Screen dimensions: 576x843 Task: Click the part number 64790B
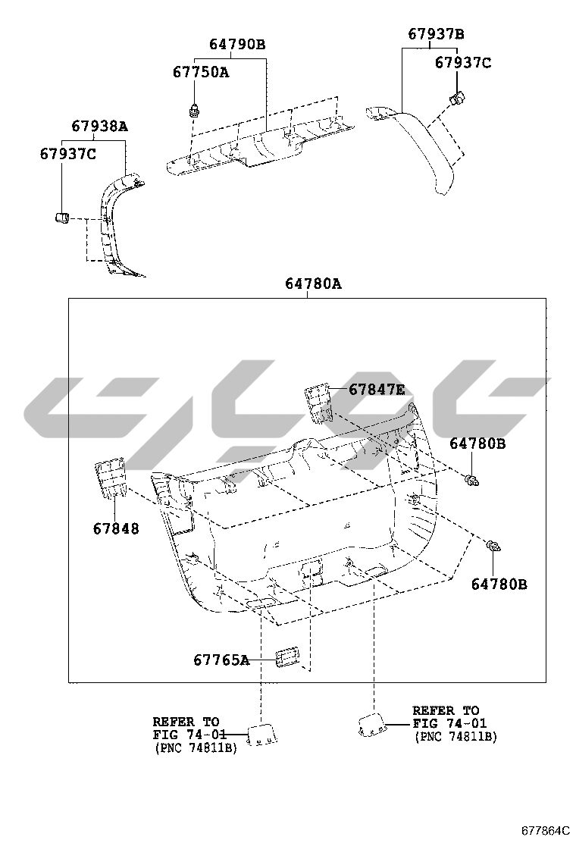coord(237,44)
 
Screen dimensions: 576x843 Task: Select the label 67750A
coord(200,72)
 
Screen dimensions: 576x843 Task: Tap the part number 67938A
coord(100,127)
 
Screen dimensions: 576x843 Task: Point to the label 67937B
coord(436,34)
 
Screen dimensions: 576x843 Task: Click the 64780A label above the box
coord(313,284)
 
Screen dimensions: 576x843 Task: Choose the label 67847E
coord(377,389)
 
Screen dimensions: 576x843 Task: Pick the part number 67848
coord(116,529)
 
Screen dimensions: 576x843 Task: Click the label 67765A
coord(221,660)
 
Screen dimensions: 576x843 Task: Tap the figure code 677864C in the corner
coord(545,830)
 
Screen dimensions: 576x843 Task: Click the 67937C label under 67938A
coord(67,155)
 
